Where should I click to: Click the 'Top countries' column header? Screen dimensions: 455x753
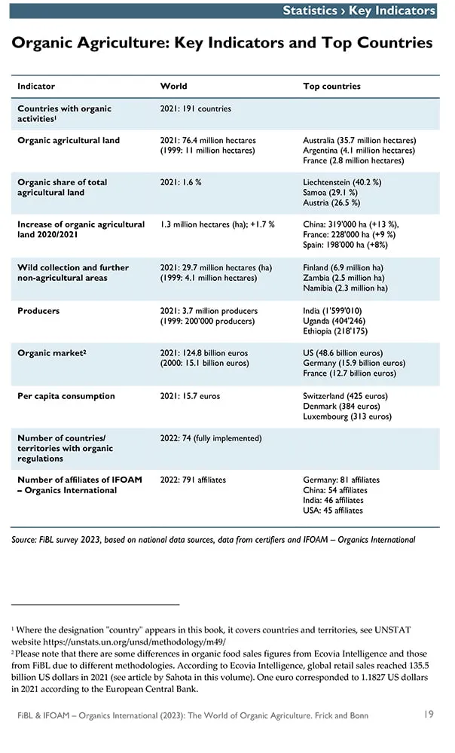pos(331,87)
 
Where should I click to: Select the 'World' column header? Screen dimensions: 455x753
pos(173,87)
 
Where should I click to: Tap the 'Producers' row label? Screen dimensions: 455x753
pos(38,311)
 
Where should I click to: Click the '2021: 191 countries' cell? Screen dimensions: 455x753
pos(196,108)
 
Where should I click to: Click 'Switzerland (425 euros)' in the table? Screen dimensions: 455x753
pos(345,396)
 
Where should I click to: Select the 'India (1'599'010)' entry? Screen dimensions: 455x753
pos(332,311)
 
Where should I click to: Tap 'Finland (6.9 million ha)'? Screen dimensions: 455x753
pos(343,267)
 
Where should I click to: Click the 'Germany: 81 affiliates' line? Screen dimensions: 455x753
pos(341,480)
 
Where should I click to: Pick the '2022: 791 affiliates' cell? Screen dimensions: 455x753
pos(193,480)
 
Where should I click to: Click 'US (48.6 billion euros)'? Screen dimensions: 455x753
pos(343,353)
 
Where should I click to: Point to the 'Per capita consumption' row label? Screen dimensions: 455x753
pos(66,396)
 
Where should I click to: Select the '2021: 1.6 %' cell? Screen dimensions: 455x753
pos(181,182)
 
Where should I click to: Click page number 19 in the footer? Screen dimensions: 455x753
pos(429,714)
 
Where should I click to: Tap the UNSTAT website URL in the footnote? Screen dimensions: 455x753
pos(135,642)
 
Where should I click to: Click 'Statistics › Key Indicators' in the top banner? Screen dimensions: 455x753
pos(359,11)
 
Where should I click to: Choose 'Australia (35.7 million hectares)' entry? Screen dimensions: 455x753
pos(359,140)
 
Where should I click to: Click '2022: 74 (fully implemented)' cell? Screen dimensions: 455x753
pos(211,438)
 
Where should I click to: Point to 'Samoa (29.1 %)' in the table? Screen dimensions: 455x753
pos(330,193)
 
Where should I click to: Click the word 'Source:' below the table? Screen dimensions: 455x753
pos(23,540)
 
